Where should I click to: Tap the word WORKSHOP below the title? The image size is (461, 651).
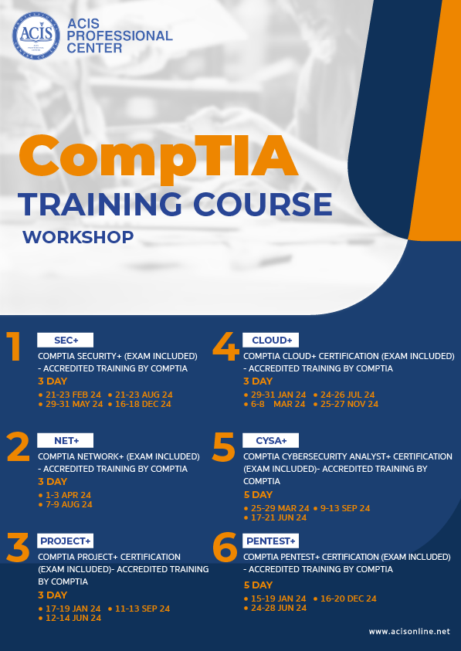[78, 236]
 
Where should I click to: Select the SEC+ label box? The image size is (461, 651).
[65, 341]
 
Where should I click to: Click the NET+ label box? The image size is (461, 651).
[65, 440]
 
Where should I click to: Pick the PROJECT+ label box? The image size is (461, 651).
[66, 541]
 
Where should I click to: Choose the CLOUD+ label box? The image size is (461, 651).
[271, 341]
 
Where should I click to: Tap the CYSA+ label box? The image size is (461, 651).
[271, 440]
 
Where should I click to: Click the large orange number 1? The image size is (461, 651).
[13, 348]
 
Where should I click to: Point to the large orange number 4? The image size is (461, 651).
[225, 348]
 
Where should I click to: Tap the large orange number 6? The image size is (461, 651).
[225, 548]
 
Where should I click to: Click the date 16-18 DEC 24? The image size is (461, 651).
[143, 404]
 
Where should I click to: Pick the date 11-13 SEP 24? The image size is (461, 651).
[142, 609]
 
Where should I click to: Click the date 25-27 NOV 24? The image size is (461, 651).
[349, 404]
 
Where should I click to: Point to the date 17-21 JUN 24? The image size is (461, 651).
[278, 517]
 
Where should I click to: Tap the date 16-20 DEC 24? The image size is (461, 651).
[348, 598]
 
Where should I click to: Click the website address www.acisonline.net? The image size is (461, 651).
[408, 632]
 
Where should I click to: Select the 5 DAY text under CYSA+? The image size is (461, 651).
[258, 494]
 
